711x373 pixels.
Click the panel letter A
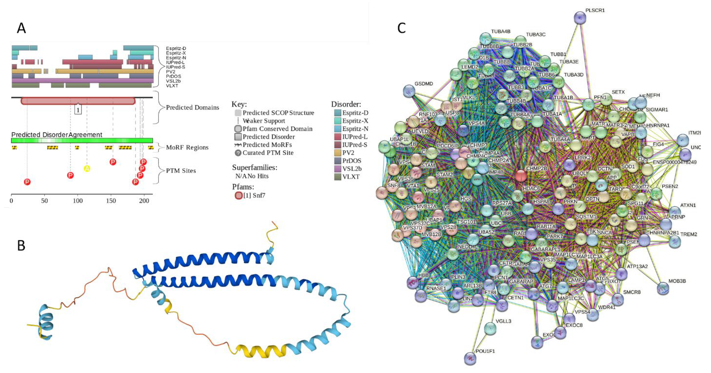(x=22, y=28)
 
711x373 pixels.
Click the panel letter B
(x=21, y=245)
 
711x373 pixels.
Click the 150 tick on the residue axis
(x=111, y=201)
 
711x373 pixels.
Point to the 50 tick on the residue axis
(x=44, y=201)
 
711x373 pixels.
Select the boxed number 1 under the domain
(x=78, y=110)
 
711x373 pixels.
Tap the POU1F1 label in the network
(x=485, y=351)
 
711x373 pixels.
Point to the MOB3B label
(x=677, y=281)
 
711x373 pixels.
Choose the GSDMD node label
(x=424, y=84)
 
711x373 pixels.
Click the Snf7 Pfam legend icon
(x=238, y=196)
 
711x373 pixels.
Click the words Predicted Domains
(x=192, y=107)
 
